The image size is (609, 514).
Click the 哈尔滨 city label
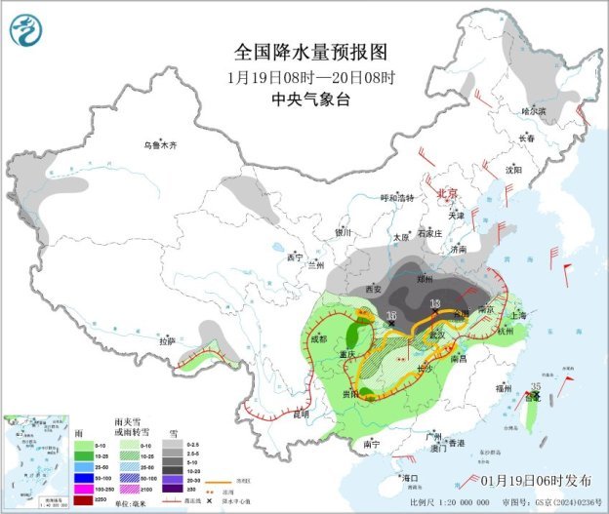[x=536, y=111]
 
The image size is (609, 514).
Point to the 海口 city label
[x=410, y=478]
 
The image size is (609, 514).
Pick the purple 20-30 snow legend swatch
[x=171, y=478]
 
